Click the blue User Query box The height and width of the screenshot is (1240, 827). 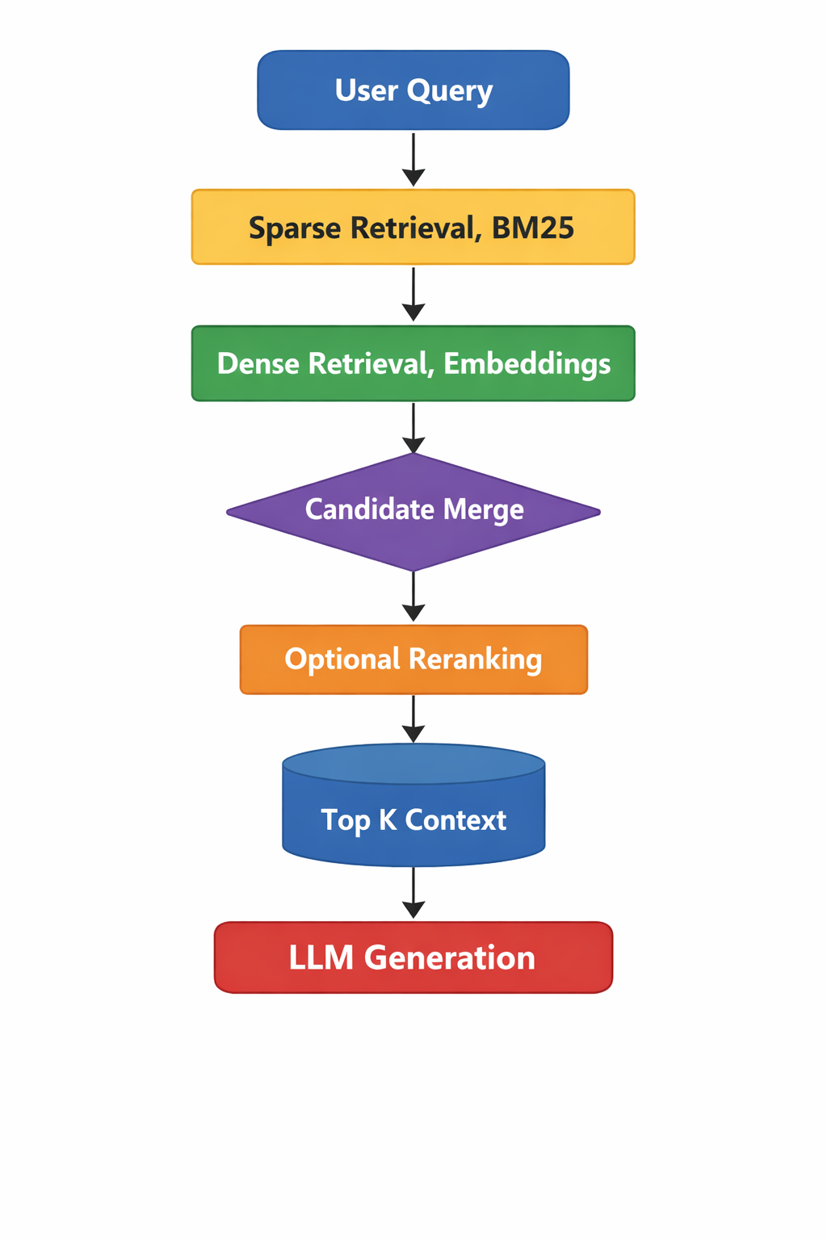tap(413, 90)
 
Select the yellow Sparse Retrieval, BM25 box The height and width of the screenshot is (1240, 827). tap(413, 227)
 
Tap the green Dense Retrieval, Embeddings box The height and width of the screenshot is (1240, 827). tap(413, 363)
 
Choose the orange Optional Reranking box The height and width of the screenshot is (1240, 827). tap(413, 660)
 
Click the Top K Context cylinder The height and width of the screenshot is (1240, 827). tap(413, 807)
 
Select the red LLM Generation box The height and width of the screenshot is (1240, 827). tap(413, 957)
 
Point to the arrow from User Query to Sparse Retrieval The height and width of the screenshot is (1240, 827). tap(413, 159)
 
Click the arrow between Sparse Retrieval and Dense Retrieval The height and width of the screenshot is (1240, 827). tap(413, 295)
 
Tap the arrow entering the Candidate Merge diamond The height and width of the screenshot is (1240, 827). tap(413, 428)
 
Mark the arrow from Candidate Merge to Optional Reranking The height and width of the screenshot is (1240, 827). tap(413, 597)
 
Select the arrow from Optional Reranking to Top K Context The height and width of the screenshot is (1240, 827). tap(413, 718)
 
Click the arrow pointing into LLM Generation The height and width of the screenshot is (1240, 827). tap(413, 893)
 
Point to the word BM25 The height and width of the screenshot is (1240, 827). tap(533, 228)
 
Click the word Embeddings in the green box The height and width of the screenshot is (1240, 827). tap(527, 364)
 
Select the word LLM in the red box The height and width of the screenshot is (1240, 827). tap(321, 958)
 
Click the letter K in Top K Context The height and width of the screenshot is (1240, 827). tap(388, 820)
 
